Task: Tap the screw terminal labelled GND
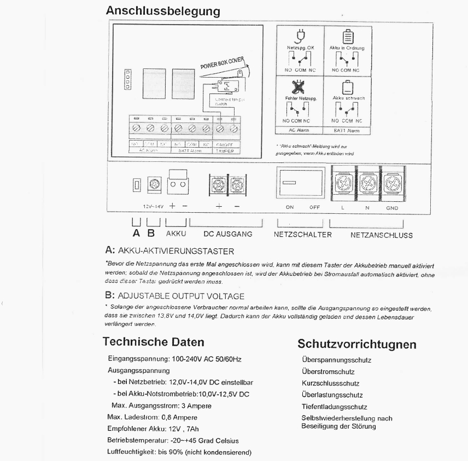coord(391,182)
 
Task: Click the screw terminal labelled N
coord(368,182)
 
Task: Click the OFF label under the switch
coord(314,208)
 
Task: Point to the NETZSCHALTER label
coord(302,235)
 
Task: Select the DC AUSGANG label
coord(227,234)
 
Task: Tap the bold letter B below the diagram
coord(153,234)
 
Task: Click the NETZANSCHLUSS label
coord(381,236)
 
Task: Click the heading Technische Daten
coord(154,342)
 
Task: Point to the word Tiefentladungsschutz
coord(334,407)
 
